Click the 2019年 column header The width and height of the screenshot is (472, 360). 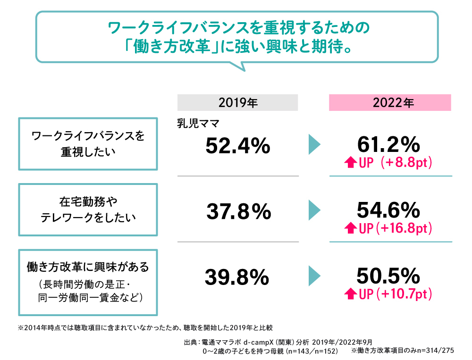coord(237,102)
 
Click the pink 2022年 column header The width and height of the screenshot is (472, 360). coord(390,102)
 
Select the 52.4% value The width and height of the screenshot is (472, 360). coord(237,146)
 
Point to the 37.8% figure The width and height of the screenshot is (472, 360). coord(238,212)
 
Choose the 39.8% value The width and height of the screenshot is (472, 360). coord(237,277)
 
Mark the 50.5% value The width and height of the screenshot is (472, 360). coord(388,275)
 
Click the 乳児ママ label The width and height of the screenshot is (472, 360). coord(196,123)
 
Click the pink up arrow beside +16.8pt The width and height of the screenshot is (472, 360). coord(351,229)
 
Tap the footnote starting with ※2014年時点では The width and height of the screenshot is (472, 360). coord(145,327)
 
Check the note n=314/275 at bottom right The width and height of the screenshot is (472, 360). coord(402,351)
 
